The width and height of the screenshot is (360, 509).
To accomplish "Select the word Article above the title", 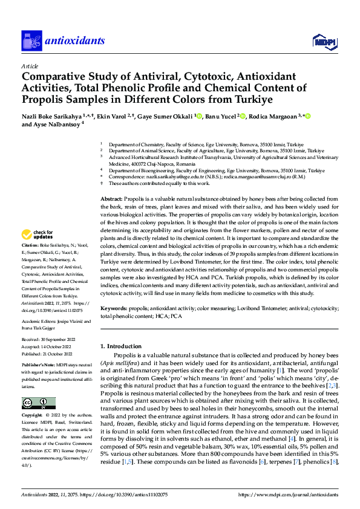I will click(30, 66).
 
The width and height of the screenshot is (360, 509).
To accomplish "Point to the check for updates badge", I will click(38, 234).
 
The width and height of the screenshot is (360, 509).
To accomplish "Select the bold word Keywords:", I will click(114, 308).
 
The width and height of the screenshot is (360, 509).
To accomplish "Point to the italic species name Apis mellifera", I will click(119, 363).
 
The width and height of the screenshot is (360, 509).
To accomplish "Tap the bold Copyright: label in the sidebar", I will click(33, 417).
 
